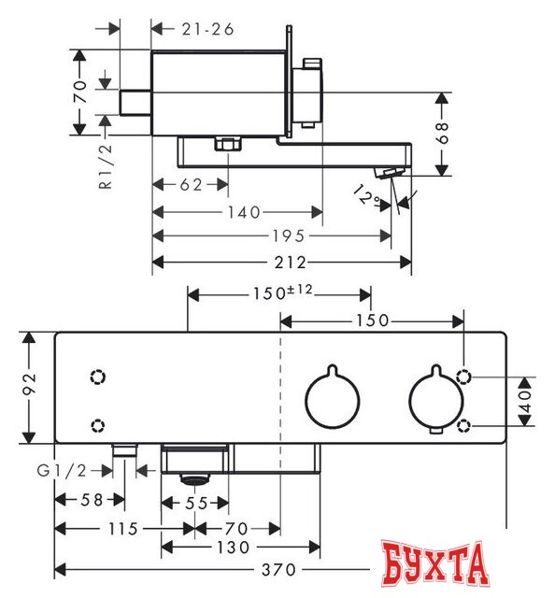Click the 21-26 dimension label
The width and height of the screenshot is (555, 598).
coord(207,29)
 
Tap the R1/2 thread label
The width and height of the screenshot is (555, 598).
coord(106,166)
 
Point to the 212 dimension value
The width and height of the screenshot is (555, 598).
coord(291,263)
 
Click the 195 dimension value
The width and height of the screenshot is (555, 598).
coord(289,236)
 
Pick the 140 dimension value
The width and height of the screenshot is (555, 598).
coord(244,212)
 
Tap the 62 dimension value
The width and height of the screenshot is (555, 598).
coord(191,185)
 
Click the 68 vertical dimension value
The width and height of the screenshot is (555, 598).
coord(443,133)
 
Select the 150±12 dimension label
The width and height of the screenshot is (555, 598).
coord(283,292)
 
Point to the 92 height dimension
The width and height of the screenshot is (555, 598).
coord(30,384)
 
